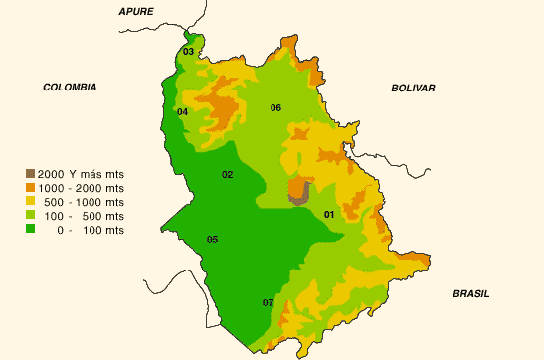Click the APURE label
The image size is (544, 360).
[138, 11]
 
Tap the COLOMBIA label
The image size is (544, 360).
[70, 88]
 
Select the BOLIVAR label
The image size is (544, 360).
[414, 89]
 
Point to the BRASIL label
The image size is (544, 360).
[471, 293]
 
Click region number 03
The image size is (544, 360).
[188, 51]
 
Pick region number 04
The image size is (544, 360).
[183, 112]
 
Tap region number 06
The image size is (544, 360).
[275, 107]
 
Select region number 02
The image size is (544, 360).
[227, 175]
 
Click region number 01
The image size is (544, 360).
[329, 214]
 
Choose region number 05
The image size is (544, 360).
[212, 239]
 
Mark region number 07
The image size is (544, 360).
[268, 302]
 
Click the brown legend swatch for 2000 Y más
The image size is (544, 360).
[31, 173]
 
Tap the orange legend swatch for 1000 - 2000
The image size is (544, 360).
[31, 187]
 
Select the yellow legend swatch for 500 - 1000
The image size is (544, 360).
[31, 201]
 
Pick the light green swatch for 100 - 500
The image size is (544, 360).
[31, 215]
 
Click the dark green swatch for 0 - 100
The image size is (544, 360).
[31, 229]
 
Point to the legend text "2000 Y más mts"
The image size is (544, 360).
[88, 173]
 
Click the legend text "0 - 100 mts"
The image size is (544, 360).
[88, 229]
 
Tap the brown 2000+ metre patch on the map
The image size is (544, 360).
[297, 190]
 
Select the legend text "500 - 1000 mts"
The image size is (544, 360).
[88, 201]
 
